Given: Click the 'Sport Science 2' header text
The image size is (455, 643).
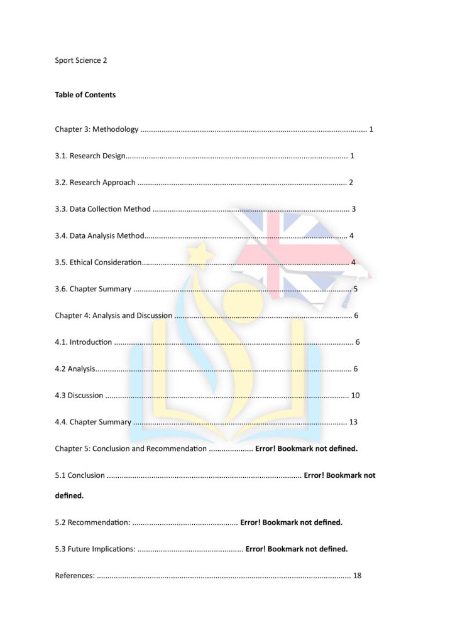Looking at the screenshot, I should point(81,60).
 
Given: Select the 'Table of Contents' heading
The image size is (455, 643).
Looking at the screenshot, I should point(85,95).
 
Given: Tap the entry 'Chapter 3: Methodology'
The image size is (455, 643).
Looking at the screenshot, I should point(96,129).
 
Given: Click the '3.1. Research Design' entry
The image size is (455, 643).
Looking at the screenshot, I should point(90,156).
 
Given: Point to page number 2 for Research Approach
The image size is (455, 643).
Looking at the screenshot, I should point(351,183).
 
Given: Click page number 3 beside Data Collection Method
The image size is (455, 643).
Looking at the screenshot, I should point(354,209).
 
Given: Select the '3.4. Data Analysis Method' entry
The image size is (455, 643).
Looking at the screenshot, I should point(99,236).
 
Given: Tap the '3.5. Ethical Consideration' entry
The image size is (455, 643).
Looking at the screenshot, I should point(98,262).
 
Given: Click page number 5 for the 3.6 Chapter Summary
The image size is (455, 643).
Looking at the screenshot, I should point(356,289).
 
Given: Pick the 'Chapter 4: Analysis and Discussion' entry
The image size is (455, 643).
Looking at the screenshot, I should point(113,316).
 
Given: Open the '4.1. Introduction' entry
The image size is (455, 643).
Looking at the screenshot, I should point(83,342).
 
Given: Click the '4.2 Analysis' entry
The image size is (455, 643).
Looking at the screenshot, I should point(75,369).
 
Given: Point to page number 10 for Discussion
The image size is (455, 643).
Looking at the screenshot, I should point(355,396).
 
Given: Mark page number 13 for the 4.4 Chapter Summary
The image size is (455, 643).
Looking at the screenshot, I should point(353,422).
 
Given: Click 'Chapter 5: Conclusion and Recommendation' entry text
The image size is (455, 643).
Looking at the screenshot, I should point(130,449).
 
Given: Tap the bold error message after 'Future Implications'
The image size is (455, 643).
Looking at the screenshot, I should point(297,549).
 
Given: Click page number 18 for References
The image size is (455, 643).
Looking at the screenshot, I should point(357,576).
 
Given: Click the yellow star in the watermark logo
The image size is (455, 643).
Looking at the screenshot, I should point(201,255).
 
